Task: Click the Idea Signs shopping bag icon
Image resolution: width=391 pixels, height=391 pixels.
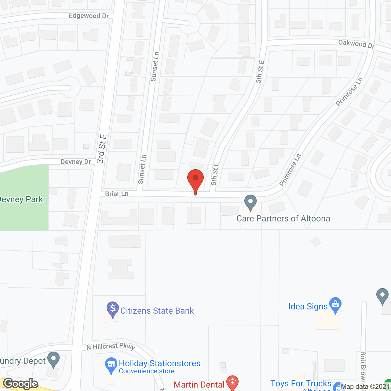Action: pos(335,305)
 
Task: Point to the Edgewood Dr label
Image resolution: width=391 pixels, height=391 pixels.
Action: pos(89,16)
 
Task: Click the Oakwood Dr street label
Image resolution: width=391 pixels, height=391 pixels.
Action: pos(356,44)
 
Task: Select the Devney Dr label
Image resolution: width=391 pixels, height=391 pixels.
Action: pos(76,162)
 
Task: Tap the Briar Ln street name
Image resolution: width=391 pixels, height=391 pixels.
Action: pos(117,194)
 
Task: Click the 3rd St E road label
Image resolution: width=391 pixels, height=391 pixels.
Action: pos(101,149)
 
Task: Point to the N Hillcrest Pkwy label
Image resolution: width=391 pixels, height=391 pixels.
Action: pos(111,346)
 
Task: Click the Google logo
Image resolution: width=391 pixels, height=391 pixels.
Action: pos(21,384)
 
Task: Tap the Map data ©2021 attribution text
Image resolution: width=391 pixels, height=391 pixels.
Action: pos(365,387)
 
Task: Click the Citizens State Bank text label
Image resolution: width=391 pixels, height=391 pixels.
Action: pos(157,311)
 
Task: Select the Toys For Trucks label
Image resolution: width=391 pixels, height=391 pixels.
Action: pos(301,383)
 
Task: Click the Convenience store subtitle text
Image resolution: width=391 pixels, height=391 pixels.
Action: pos(147,371)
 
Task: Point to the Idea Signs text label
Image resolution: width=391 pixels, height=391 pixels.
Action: pos(308,306)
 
